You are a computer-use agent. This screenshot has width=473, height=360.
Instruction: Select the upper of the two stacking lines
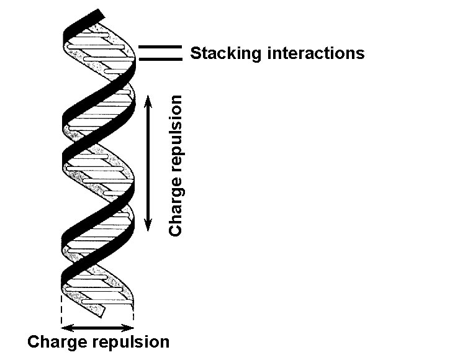[x=160, y=47]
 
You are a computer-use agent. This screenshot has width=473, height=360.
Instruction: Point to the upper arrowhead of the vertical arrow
[x=148, y=100]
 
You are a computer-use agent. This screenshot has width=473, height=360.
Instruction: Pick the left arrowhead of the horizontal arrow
[x=66, y=328]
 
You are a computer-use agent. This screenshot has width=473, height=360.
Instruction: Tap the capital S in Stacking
[x=196, y=53]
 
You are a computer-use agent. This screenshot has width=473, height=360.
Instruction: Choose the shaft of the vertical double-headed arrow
[x=148, y=163]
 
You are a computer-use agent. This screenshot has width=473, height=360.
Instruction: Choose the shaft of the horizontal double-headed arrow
[x=97, y=328]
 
